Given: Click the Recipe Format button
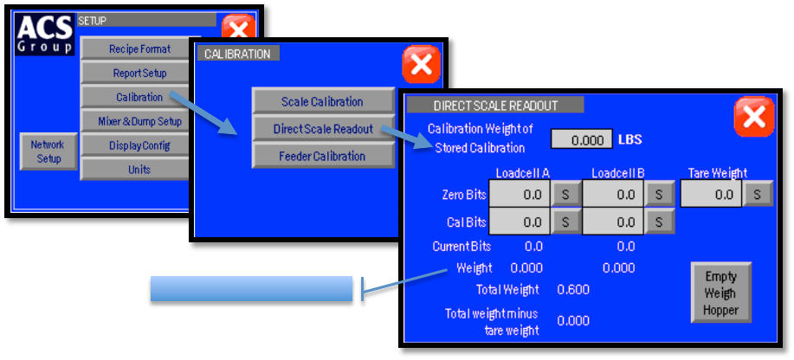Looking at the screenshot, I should (x=139, y=49).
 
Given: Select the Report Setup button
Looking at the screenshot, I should (x=138, y=74).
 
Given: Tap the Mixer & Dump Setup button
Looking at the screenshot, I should (x=139, y=121).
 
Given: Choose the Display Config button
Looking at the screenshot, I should (x=139, y=145).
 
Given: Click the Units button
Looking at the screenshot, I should (x=139, y=170).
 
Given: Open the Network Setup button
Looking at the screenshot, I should (x=48, y=151).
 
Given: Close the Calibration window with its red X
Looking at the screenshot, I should (x=422, y=64).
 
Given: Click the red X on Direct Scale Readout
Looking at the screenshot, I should (x=753, y=116).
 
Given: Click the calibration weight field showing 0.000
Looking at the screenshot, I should (x=580, y=139).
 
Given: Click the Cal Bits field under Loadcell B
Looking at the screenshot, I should (x=614, y=222).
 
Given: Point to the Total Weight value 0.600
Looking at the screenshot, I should (x=572, y=290).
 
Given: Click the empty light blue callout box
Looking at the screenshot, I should (x=251, y=289).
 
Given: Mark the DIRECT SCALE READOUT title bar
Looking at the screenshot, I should (x=495, y=106).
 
